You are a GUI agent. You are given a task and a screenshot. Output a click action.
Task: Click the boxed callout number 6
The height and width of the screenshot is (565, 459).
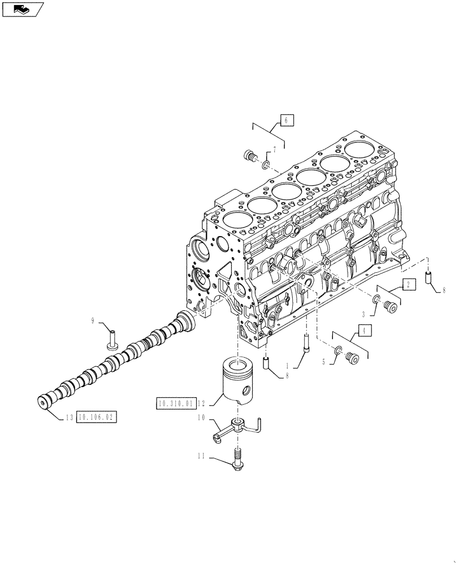click(287, 120)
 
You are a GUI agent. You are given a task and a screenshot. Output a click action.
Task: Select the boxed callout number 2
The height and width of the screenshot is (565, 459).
click(409, 284)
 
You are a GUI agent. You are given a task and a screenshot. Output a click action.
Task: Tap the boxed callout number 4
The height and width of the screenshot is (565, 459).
click(364, 331)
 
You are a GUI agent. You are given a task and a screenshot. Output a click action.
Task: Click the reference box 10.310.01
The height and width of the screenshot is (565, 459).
click(175, 403)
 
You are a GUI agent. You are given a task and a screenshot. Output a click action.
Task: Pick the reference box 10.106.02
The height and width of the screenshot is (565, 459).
click(96, 418)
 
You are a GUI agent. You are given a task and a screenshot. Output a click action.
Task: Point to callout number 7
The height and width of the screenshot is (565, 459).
click(275, 149)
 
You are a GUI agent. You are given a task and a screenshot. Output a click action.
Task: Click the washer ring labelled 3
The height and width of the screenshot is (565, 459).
click(376, 298)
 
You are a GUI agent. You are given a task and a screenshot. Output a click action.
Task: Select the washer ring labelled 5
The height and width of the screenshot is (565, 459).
click(337, 351)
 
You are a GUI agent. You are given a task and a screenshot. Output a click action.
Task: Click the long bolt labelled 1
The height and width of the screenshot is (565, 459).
click(306, 342)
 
